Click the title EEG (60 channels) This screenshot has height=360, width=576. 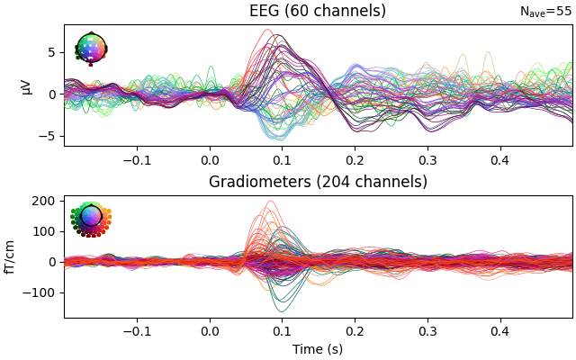tap(318, 11)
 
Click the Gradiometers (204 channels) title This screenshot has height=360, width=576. tap(318, 182)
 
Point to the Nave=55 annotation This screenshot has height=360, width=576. tap(545, 12)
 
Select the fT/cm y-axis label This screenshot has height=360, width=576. tap(10, 256)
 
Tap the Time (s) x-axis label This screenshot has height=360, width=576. tap(318, 349)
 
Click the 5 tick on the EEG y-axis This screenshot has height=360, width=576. tap(52, 52)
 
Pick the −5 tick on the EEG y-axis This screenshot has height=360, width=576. tap(49, 136)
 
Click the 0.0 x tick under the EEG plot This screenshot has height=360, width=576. tap(210, 159)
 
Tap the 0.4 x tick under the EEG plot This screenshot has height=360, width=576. tap(499, 159)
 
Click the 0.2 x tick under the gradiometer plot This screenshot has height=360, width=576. tap(355, 330)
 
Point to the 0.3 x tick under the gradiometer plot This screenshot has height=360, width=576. tap(427, 330)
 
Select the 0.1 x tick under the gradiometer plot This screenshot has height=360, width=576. tap(282, 330)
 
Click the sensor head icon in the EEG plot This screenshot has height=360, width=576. tap(91, 48)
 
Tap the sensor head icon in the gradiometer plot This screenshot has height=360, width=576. tap(91, 217)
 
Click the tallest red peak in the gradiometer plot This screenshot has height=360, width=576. tap(268, 202)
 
